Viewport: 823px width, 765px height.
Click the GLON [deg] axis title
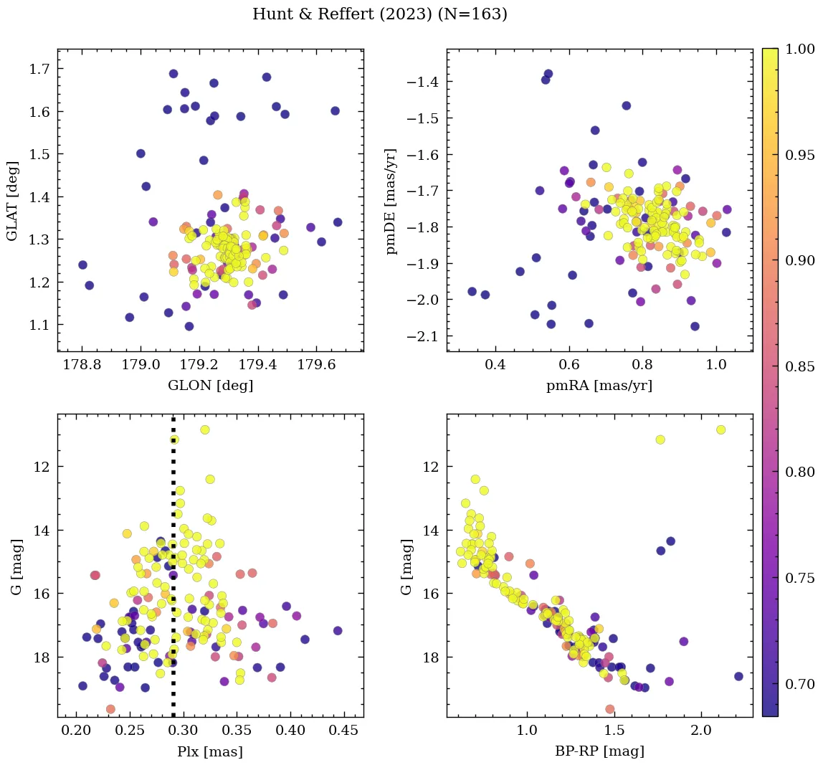coord(210,386)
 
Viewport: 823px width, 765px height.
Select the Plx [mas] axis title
coord(210,751)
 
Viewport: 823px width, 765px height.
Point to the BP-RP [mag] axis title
coord(599,751)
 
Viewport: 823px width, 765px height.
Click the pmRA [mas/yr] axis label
coord(599,386)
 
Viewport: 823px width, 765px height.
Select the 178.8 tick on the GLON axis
coord(82,364)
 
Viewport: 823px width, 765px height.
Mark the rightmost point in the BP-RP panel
coord(738,676)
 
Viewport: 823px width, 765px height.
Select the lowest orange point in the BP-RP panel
coord(610,709)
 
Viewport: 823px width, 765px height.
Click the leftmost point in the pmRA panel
coord(472,291)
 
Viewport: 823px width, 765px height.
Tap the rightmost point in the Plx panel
coord(338,631)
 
